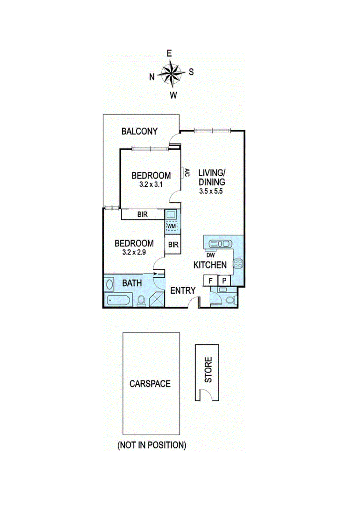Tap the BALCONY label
point(139,131)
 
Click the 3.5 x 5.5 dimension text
point(211,191)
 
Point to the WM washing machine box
point(172,226)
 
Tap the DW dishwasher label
point(210,255)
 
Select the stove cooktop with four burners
point(238,263)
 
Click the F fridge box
point(210,281)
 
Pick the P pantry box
point(224,281)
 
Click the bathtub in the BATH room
point(118,300)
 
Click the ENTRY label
point(183,290)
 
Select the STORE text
point(208,369)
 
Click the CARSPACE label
point(150,384)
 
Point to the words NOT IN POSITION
point(152,445)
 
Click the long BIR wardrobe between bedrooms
point(143,214)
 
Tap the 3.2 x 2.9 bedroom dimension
point(134,252)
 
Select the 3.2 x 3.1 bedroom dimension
point(151,184)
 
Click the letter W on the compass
point(173,95)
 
